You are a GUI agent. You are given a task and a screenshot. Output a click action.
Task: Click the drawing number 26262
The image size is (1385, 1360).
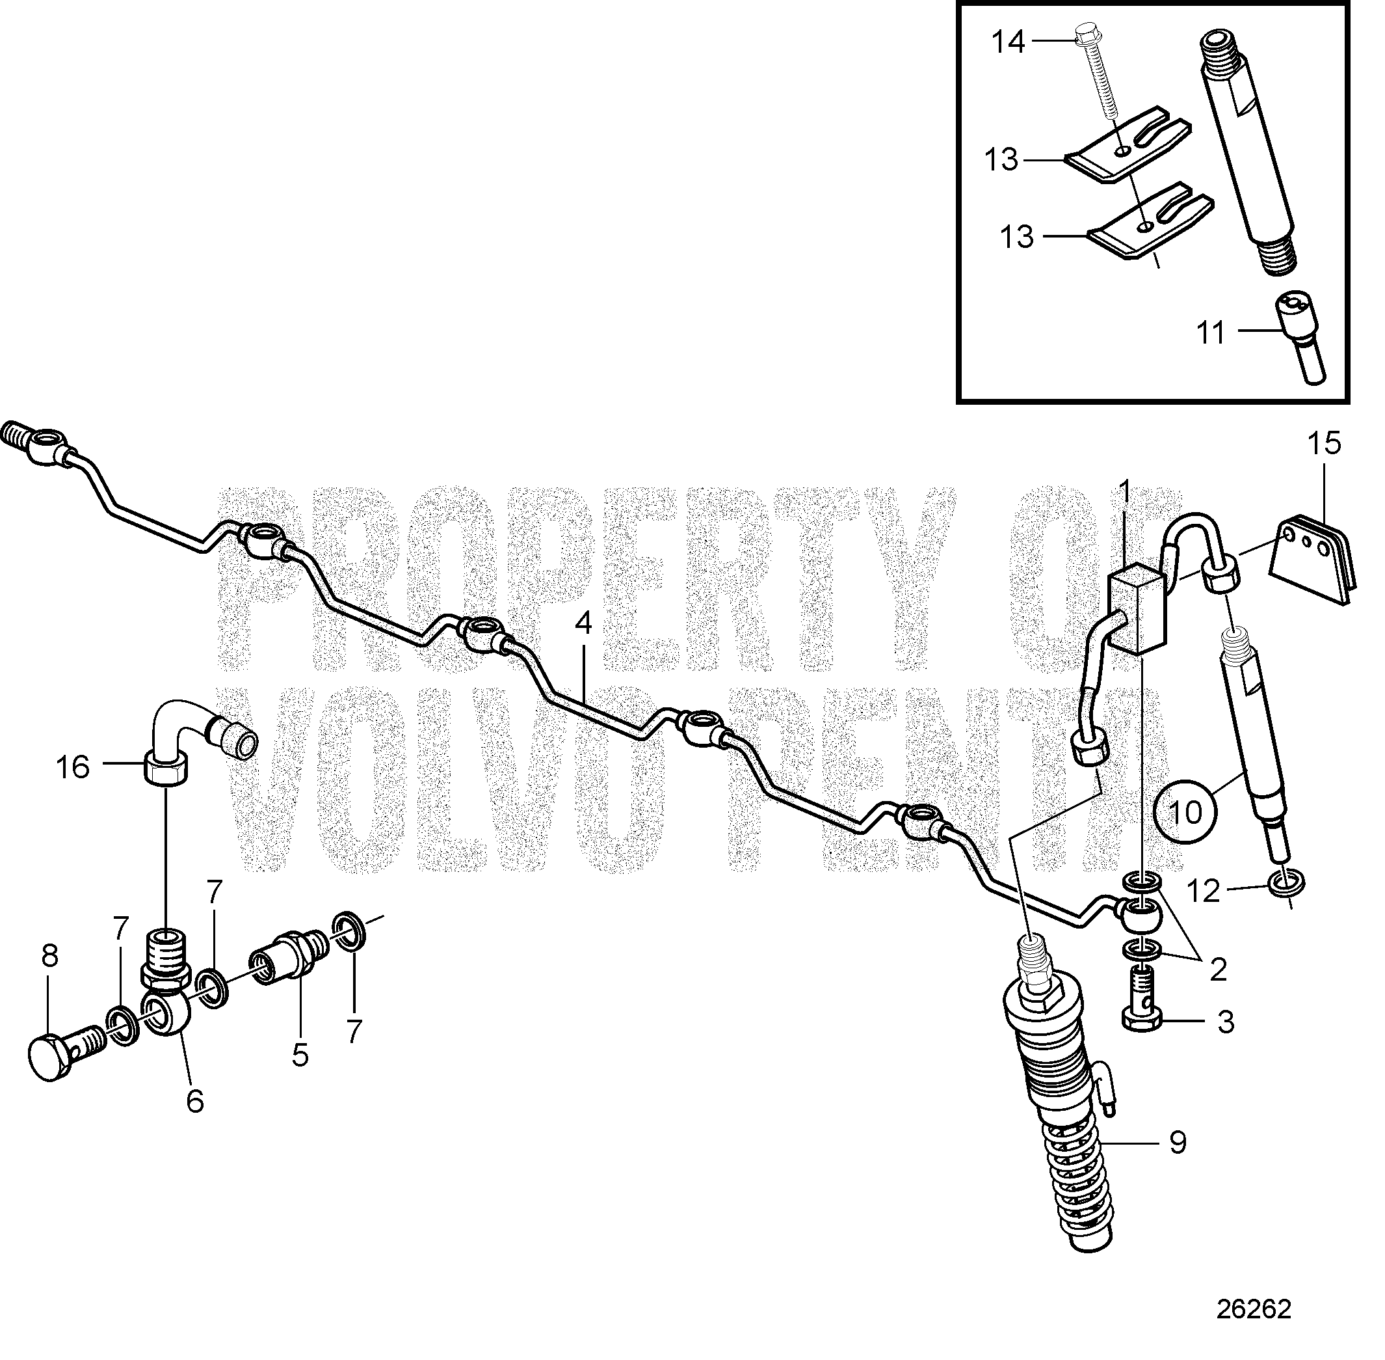[x=1254, y=1309]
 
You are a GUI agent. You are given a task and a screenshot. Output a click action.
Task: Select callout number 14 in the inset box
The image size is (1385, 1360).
[x=1008, y=43]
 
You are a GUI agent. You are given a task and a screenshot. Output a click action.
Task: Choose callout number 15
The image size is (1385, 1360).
[x=1325, y=444]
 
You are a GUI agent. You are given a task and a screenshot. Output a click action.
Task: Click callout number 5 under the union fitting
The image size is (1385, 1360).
[x=300, y=1054]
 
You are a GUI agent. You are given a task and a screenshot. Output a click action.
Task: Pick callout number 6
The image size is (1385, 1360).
[x=195, y=1102]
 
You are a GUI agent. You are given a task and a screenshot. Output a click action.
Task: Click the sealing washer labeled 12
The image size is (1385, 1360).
[x=1286, y=884]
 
